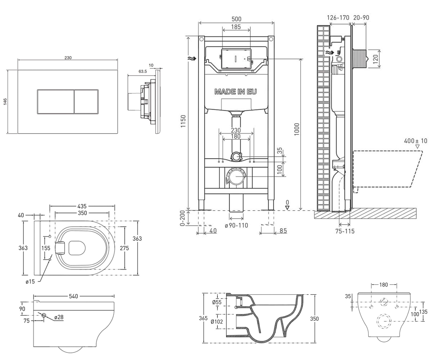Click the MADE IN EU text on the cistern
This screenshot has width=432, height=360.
pos(236,91)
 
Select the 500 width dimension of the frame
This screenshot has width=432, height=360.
pos(236,19)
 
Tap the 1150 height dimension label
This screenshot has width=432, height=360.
pos(183,121)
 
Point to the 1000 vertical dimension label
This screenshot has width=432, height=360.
pos(297,129)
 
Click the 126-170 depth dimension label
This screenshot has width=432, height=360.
pos(338,18)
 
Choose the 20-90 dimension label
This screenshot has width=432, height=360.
pos(361,18)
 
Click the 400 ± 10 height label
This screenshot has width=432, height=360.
pos(416,141)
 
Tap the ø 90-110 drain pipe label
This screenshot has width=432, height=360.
pos(237,225)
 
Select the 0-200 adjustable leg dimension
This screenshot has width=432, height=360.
pos(182,218)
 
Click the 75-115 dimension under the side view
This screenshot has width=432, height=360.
pos(345,231)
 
